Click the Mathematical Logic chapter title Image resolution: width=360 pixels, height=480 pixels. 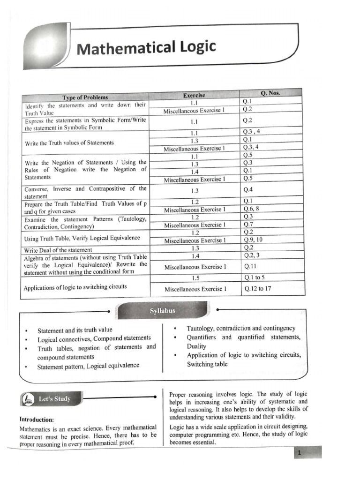[x=146, y=47]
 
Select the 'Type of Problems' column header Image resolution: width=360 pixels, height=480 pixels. [x=85, y=97]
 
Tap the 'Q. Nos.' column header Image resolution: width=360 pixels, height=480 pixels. [x=272, y=93]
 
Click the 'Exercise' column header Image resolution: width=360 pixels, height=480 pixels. [x=194, y=96]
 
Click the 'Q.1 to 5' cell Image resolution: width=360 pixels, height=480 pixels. [x=255, y=277]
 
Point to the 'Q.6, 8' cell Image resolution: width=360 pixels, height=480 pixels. [x=251, y=209]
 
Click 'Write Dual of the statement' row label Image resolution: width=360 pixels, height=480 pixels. [x=58, y=250]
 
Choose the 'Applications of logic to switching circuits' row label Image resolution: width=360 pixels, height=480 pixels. [x=75, y=286]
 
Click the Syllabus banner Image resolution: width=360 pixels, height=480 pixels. [x=162, y=310]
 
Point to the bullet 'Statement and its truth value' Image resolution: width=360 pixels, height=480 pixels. [x=75, y=330]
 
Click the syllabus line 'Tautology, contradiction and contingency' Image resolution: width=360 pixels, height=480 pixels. [x=241, y=328]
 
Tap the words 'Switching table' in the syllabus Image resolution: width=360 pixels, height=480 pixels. [x=207, y=364]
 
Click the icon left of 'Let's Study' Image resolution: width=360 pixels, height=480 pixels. [x=29, y=399]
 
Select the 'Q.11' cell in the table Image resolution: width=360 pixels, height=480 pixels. [x=250, y=266]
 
